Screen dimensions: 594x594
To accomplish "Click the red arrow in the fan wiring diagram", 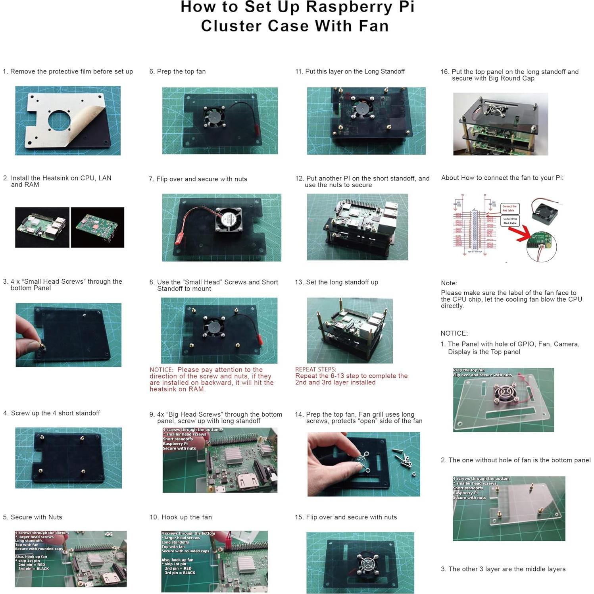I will click(524, 234).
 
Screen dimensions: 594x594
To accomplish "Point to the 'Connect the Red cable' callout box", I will click(509, 208).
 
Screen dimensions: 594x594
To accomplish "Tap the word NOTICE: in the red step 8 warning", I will click(161, 370).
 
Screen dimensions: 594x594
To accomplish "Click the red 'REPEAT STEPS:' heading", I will click(315, 369).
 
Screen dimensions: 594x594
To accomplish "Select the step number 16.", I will click(444, 72).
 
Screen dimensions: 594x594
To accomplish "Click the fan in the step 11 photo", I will click(361, 108).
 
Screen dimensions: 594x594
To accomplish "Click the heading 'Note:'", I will click(449, 283).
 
